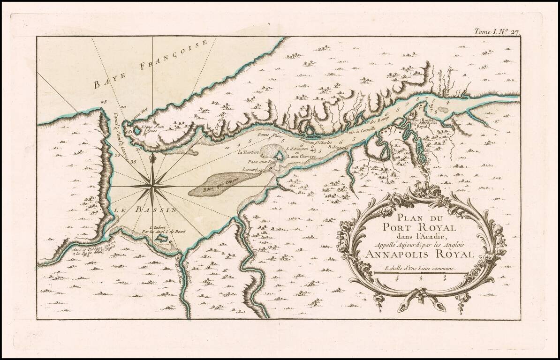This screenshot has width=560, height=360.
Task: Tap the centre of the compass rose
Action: point(152,186)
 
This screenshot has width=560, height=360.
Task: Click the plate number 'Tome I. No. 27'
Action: point(494,32)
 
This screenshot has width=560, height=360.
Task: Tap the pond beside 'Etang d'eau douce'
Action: point(137,131)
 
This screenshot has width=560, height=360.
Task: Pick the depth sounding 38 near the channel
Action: point(134,162)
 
